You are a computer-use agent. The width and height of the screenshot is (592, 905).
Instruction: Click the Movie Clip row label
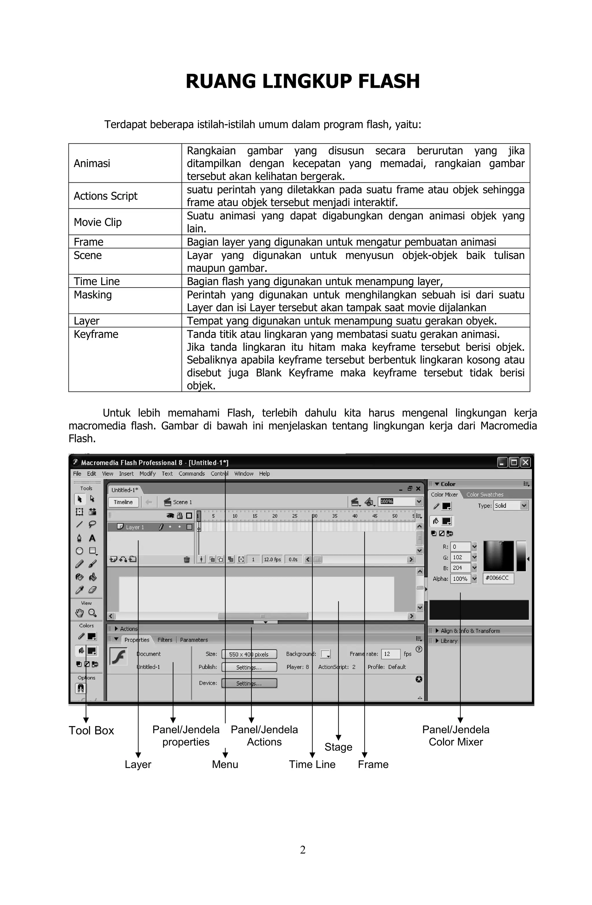click(x=97, y=222)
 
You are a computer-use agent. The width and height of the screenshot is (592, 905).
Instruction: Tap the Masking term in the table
click(x=92, y=295)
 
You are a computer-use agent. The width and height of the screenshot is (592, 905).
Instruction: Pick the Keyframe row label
click(x=96, y=334)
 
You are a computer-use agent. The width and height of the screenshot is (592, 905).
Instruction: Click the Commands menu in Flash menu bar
click(x=191, y=473)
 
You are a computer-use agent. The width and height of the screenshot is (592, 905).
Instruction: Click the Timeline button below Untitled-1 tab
click(x=123, y=502)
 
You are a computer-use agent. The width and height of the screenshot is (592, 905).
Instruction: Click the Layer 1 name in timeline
click(x=135, y=527)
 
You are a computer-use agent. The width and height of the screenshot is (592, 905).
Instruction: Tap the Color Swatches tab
click(x=484, y=494)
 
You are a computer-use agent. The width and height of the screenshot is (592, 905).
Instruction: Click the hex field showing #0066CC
click(x=498, y=578)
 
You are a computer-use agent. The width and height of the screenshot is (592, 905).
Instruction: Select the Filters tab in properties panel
click(x=165, y=639)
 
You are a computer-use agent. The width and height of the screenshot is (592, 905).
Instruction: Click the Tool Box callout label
click(x=91, y=730)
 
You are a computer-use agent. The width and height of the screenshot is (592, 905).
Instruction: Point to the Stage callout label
click(x=338, y=747)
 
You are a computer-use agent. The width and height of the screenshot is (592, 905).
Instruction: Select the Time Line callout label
click(x=312, y=764)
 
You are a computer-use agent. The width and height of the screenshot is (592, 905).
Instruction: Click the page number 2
click(x=302, y=850)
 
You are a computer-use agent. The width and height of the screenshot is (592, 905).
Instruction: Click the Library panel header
click(x=449, y=641)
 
